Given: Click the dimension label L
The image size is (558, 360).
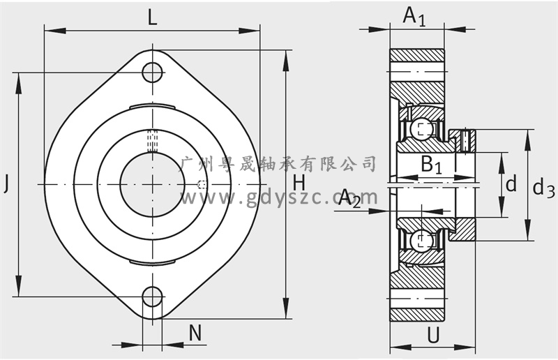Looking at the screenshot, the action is point(152,18).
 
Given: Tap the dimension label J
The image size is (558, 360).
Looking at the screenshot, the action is point(6,184).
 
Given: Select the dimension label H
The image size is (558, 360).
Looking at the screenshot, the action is point(299,183).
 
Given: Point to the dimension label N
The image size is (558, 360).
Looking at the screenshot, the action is point(195,333).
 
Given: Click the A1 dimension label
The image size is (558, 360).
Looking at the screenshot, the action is point(414,16).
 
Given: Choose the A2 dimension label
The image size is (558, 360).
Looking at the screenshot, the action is point(349,198).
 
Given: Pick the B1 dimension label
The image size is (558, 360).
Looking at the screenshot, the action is point(431,165).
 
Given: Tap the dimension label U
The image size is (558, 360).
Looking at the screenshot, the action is point(433,335).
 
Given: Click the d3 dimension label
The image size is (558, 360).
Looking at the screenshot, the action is point(543,188).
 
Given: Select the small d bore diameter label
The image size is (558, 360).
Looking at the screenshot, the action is point(511,184).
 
